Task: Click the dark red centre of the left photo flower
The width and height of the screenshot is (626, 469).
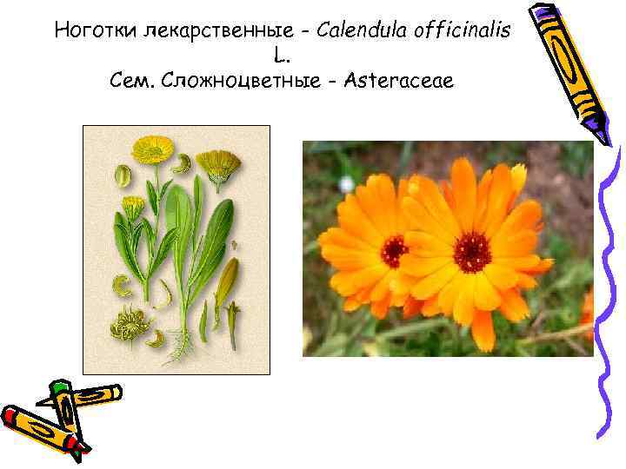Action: (x=394, y=251)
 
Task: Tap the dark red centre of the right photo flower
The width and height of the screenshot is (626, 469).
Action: (x=471, y=252)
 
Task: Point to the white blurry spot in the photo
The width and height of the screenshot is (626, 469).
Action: (x=347, y=184)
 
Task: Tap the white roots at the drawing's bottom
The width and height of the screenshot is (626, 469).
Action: (x=180, y=348)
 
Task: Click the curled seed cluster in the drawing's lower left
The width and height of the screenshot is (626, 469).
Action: (x=129, y=326)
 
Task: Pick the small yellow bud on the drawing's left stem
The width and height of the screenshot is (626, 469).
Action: (x=133, y=205)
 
